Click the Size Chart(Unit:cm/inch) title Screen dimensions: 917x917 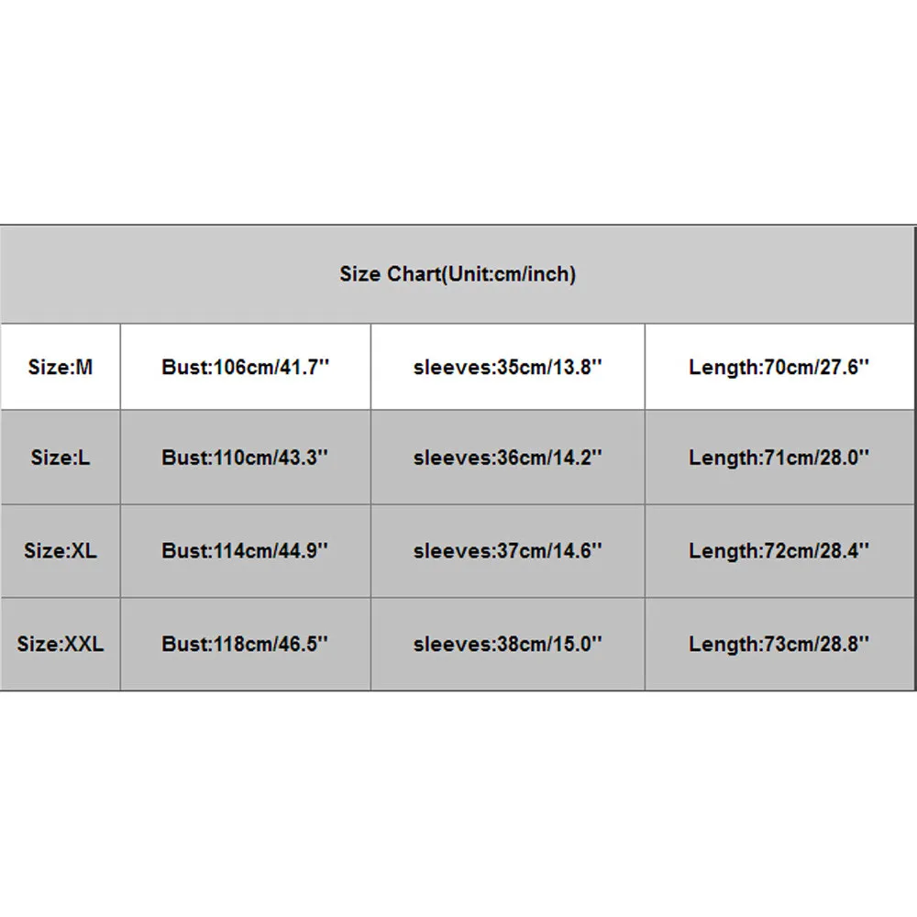(x=458, y=274)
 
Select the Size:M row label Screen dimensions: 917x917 (x=61, y=368)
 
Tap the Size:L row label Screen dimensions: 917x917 (x=61, y=458)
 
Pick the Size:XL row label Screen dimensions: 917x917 (x=61, y=551)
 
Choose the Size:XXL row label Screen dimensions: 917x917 (x=61, y=644)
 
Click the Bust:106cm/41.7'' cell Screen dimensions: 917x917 (x=245, y=368)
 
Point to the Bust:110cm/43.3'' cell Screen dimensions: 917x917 (x=245, y=458)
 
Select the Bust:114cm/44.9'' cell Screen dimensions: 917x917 (x=245, y=551)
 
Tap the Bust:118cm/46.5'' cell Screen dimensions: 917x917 (x=245, y=644)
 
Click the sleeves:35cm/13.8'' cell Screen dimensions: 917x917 (x=507, y=368)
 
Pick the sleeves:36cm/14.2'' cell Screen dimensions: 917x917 (x=507, y=458)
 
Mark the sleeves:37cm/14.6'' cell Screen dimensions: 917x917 (x=507, y=551)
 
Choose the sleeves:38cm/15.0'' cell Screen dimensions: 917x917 (x=507, y=644)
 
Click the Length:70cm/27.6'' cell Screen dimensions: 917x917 (x=779, y=368)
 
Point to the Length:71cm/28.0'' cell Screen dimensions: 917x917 (x=779, y=458)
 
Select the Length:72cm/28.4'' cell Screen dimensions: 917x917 (x=779, y=551)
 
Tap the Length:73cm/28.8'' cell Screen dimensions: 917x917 (x=779, y=644)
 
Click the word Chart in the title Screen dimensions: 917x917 (x=411, y=274)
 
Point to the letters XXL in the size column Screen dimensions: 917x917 (x=83, y=644)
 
